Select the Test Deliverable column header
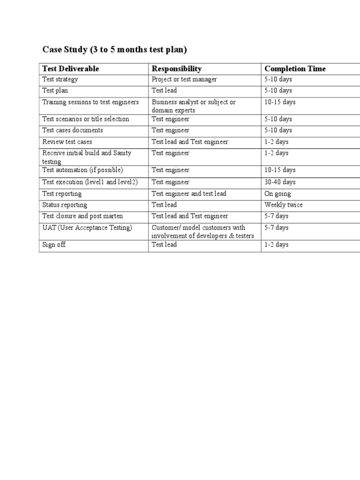71,68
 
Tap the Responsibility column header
177,68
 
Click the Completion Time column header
295,68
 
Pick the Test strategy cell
60,79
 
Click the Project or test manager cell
184,79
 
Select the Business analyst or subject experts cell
194,106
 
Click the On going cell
277,194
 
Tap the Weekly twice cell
284,205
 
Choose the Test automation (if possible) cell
82,170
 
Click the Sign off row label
54,245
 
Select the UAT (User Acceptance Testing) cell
87,228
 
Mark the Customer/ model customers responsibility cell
202,232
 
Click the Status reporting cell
65,205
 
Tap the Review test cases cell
67,142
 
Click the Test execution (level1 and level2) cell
90,182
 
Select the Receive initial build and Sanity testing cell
87,157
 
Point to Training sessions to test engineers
90,102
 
